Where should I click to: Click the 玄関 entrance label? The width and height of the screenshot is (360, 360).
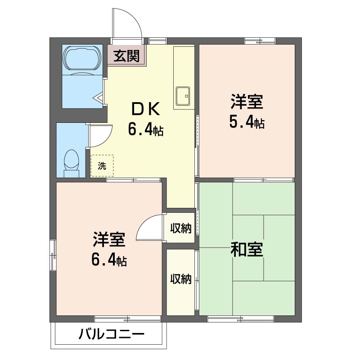point(127,56)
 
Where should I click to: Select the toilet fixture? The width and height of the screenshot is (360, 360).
point(71,163)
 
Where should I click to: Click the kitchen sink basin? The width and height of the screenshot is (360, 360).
point(183,96)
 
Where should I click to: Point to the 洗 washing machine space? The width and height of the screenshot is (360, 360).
point(102,166)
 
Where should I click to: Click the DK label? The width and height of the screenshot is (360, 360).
point(145,109)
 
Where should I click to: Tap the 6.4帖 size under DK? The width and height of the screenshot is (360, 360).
point(145,129)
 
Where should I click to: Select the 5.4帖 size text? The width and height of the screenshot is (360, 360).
point(247,121)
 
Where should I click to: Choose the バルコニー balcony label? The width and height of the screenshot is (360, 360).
point(112,334)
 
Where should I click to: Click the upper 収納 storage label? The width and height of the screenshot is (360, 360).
point(181,228)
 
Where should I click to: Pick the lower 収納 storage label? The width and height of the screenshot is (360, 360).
point(181,279)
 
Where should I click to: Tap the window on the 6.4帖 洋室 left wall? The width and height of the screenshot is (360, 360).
point(53,255)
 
